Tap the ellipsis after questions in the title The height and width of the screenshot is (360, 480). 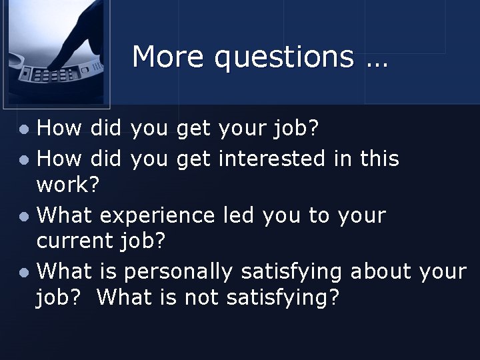coord(376,60)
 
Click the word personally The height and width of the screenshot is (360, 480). coord(179,272)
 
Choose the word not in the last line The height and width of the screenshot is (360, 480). coord(202,297)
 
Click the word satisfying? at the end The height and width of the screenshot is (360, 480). coord(283,299)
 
